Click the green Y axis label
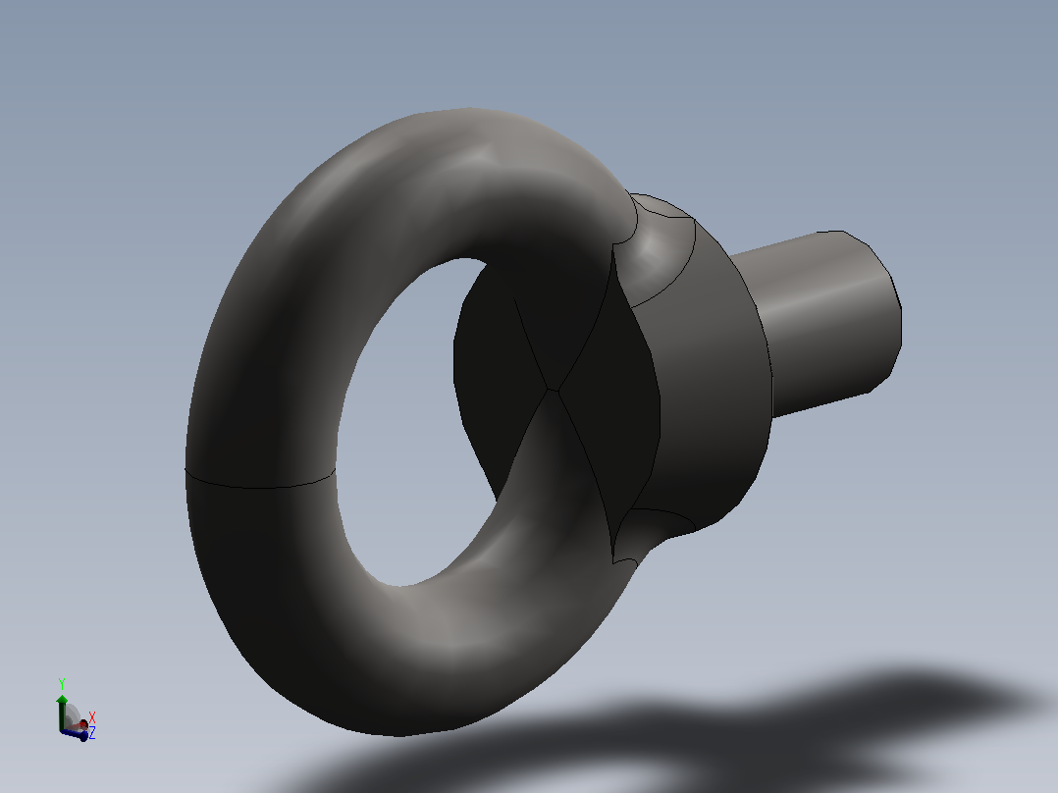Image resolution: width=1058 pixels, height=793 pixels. [62, 684]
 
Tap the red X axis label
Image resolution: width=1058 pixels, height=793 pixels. [92, 717]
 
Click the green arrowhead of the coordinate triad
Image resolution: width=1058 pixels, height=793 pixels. [62, 699]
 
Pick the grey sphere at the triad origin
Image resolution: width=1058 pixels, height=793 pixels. [72, 715]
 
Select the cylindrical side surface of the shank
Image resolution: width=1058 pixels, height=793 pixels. [810, 324]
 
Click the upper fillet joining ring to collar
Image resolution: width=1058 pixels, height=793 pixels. [655, 249]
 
